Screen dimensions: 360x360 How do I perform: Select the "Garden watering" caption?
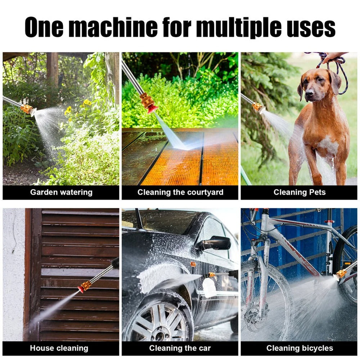61,192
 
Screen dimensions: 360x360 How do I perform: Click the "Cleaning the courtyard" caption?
180,192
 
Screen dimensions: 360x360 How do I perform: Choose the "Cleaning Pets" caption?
299,192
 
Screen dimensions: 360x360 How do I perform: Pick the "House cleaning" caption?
59,348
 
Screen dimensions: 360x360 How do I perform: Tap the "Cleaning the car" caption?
180,348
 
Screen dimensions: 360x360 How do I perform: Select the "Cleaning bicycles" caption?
300,348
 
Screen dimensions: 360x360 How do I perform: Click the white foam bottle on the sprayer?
209,288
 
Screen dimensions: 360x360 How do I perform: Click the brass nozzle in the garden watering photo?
27,109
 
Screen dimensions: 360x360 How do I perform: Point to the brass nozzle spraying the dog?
257,107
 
